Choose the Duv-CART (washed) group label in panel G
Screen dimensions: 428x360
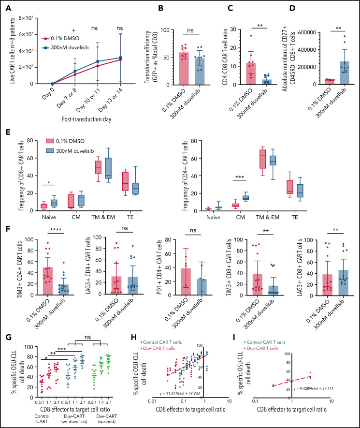(109, 414)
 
